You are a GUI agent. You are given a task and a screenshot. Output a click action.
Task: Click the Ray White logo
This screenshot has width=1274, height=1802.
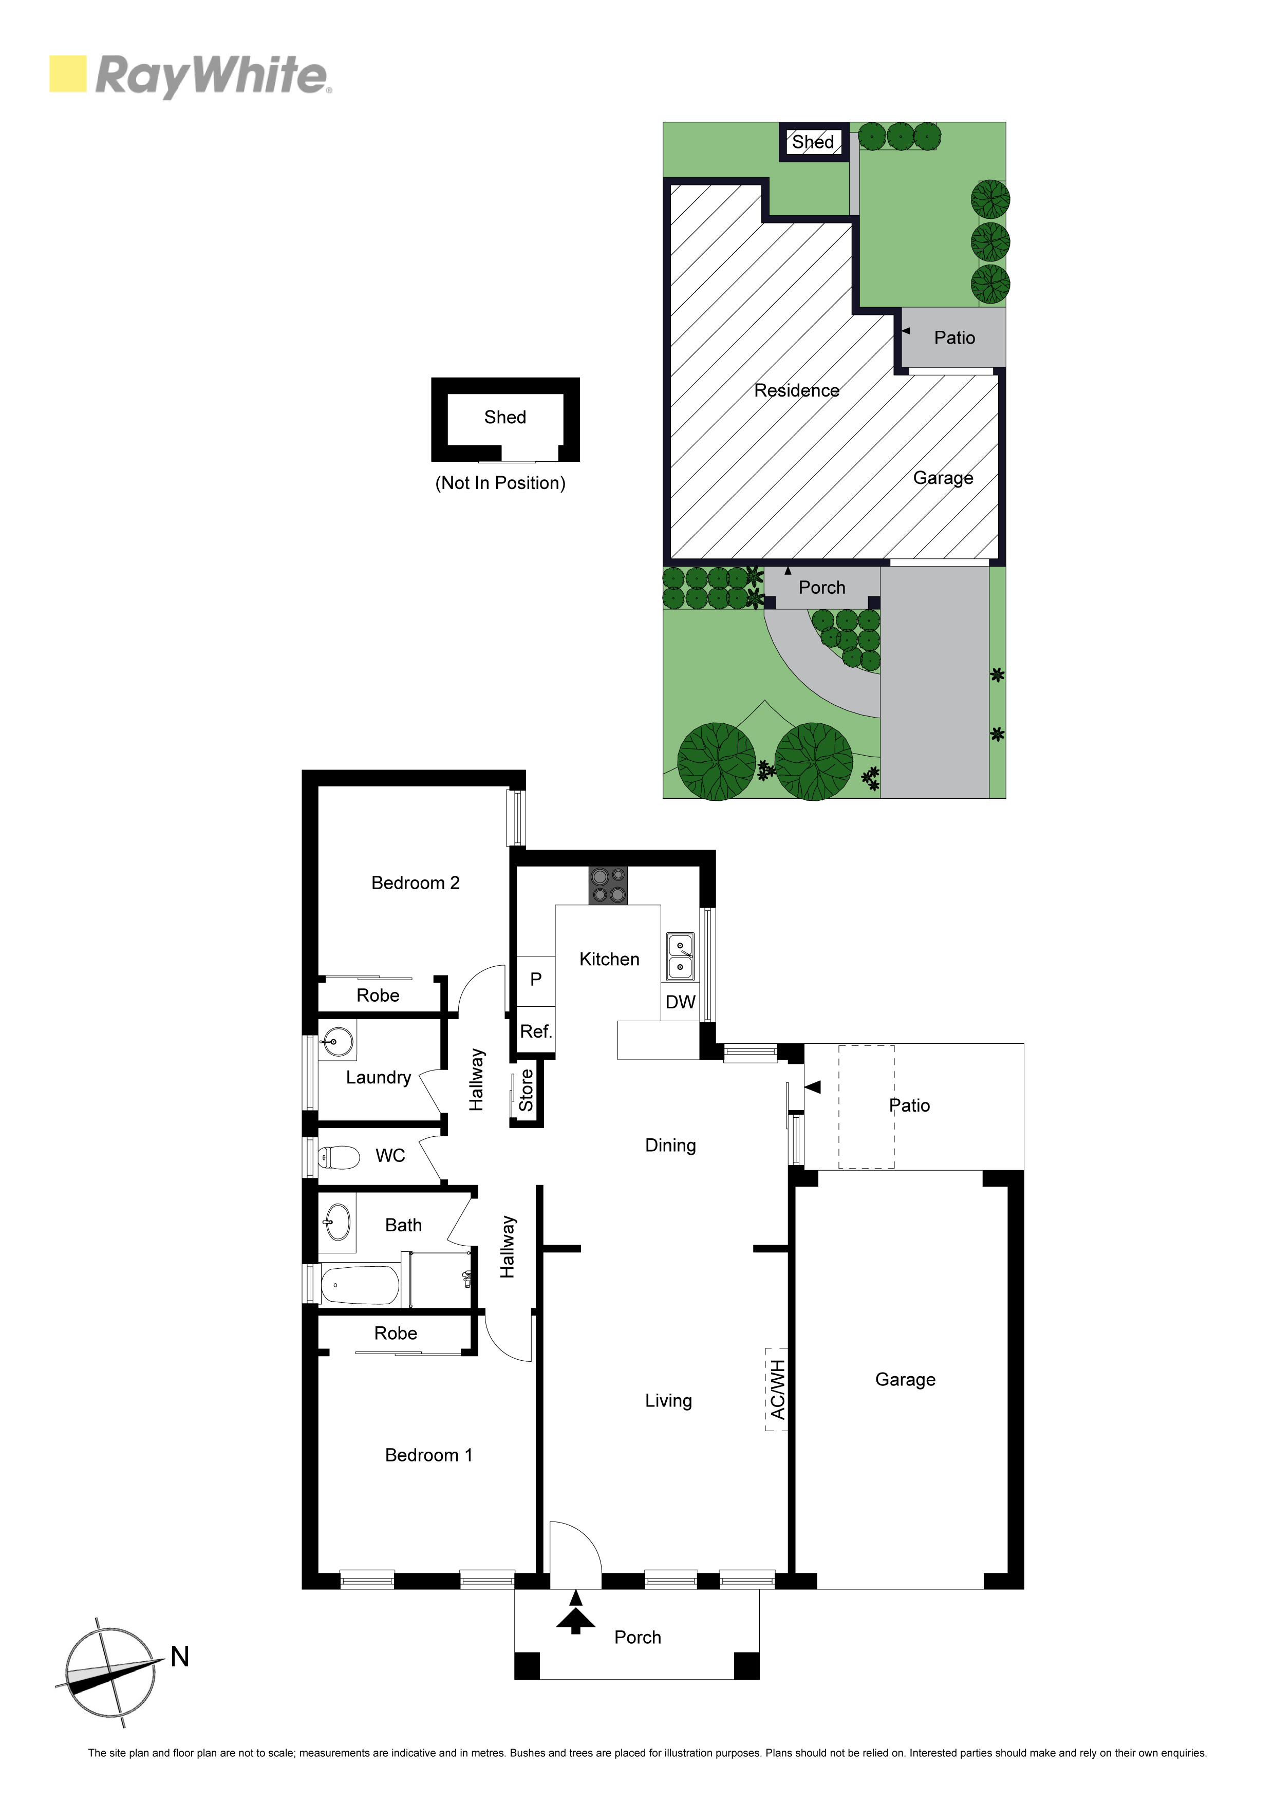tap(191, 76)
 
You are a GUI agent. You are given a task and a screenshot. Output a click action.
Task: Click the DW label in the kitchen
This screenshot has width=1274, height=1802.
tap(681, 1002)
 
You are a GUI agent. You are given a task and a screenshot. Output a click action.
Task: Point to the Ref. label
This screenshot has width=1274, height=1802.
tap(536, 1031)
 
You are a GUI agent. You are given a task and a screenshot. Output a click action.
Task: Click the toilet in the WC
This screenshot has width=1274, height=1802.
tap(339, 1156)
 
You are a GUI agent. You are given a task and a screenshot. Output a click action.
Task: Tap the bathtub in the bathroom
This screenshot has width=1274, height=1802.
tap(360, 1285)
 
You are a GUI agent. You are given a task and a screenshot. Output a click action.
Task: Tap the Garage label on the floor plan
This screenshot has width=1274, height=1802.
tap(905, 1380)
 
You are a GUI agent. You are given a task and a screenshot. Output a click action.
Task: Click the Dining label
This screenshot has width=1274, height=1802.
tap(670, 1146)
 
